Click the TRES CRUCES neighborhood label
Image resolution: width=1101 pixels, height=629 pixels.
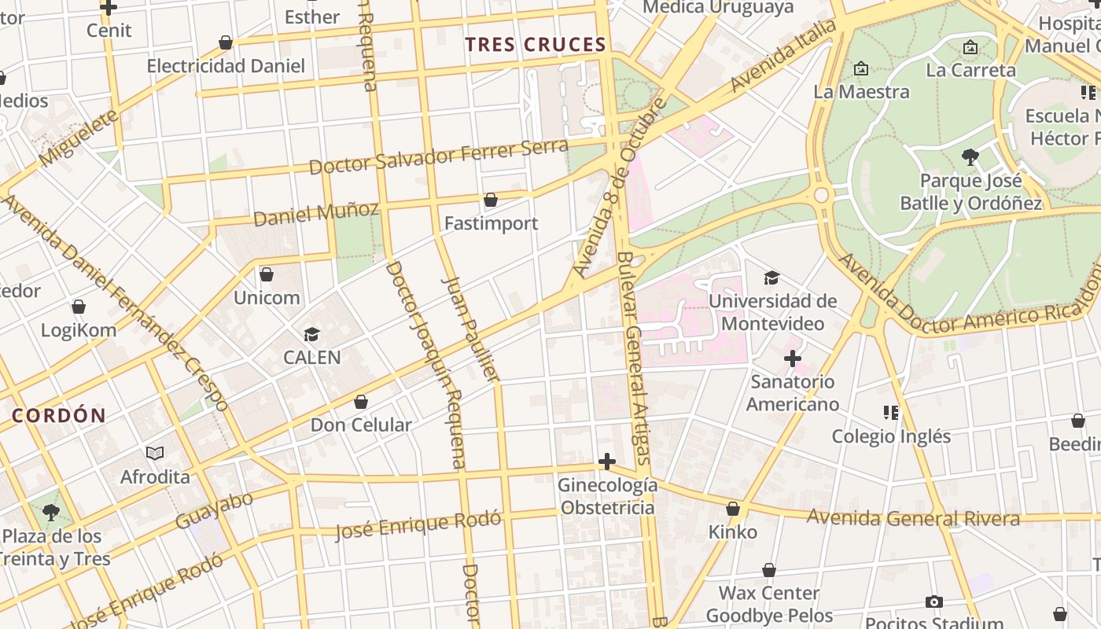coord(535,45)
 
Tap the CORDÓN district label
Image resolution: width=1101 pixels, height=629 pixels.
coord(59,416)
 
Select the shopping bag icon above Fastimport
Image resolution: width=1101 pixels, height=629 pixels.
coord(491,200)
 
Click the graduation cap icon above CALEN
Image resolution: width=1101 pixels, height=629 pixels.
coord(312,335)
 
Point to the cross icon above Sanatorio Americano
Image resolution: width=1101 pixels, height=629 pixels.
coord(792,359)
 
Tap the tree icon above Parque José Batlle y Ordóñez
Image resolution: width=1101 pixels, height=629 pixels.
coord(970,157)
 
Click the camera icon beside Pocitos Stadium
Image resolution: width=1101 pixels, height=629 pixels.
coord(933,602)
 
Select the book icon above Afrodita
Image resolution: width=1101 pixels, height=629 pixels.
coord(155,453)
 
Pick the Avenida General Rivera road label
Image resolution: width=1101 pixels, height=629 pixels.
coord(913,518)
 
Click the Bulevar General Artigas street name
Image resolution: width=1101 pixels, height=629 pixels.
coord(635,358)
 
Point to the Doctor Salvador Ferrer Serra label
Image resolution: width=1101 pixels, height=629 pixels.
coord(438,157)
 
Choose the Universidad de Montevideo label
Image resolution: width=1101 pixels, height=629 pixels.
coord(772,312)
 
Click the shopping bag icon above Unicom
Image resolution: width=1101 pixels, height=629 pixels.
coord(267,274)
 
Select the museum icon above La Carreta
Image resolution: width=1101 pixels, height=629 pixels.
coord(970,47)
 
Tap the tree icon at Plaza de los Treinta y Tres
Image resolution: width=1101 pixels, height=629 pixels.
coord(51,513)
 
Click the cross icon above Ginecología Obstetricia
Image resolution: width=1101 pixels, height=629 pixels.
coord(606,462)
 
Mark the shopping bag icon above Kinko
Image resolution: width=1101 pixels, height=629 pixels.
coord(733,509)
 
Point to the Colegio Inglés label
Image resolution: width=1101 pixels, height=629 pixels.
coord(891,436)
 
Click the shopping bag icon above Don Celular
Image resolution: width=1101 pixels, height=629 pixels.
coord(361,403)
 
